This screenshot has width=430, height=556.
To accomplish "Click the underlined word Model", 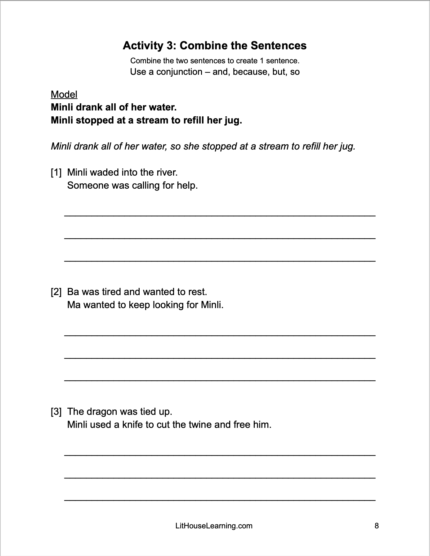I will (x=64, y=94).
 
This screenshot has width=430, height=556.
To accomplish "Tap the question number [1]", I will (x=56, y=172).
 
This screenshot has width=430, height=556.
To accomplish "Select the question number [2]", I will (x=56, y=292).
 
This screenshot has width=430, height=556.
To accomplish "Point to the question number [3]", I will (x=56, y=411).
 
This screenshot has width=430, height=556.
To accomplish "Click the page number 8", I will (x=377, y=526).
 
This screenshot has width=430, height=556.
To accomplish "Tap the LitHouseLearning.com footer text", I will (x=214, y=526).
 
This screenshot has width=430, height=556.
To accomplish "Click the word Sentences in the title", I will (x=278, y=46).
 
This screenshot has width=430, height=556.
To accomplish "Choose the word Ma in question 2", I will (x=74, y=305).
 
